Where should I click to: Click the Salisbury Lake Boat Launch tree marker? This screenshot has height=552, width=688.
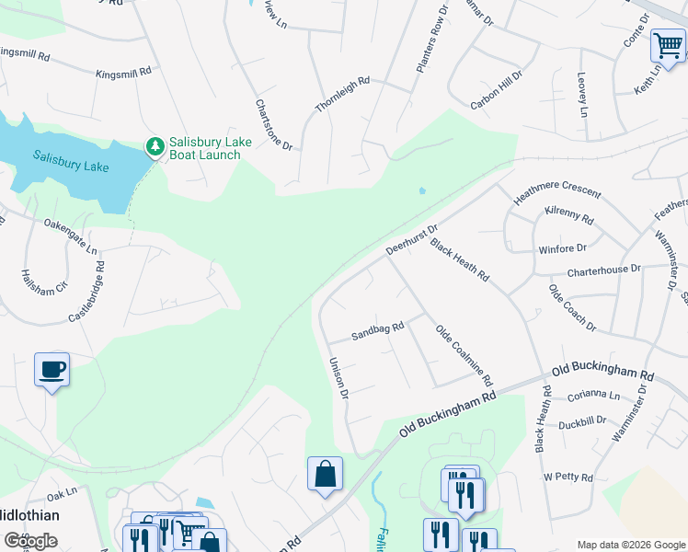155,146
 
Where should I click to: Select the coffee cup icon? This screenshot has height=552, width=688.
52,370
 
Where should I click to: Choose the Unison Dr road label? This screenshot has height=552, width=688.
337,378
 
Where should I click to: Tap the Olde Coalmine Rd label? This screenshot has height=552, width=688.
464,355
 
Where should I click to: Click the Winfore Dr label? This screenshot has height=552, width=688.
562,247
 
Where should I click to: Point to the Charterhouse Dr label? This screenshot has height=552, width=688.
603,270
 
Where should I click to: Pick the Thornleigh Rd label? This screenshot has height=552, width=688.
342,95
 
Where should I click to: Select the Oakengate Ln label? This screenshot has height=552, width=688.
70,236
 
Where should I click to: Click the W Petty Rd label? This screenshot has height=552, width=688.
568,477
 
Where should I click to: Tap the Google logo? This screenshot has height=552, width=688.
30,540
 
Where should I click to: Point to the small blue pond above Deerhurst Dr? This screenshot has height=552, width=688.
421,191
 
